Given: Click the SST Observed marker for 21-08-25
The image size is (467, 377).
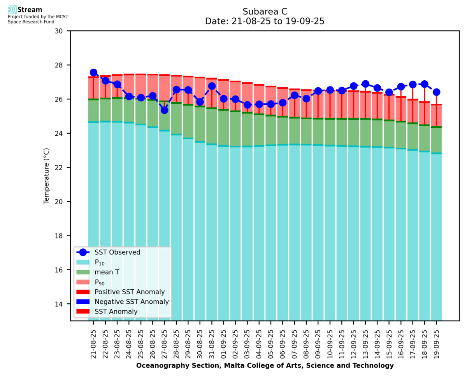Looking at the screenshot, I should click(93, 73).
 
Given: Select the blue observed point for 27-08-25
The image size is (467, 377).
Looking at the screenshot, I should click(165, 110).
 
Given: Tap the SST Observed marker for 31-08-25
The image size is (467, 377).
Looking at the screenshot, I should click(212, 86).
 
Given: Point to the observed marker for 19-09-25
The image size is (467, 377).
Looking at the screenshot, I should click(437, 92).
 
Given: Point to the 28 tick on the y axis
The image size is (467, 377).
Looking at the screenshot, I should click(63, 65).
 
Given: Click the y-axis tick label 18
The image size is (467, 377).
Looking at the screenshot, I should click(63, 236).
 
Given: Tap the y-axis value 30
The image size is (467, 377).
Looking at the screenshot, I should click(63, 31).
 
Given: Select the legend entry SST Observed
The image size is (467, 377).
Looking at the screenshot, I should click(117, 252).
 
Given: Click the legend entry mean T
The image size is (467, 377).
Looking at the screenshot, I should click(107, 272).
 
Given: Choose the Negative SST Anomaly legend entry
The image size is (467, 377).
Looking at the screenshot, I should click(132, 302).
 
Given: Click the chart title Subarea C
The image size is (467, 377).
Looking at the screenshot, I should click(265, 11).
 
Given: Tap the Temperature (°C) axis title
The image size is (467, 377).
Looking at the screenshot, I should click(47, 175).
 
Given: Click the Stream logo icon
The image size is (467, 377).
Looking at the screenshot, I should click(12, 10).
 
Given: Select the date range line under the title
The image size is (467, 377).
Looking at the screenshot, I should click(265, 21).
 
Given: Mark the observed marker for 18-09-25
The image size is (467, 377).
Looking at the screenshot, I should click(425, 84).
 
